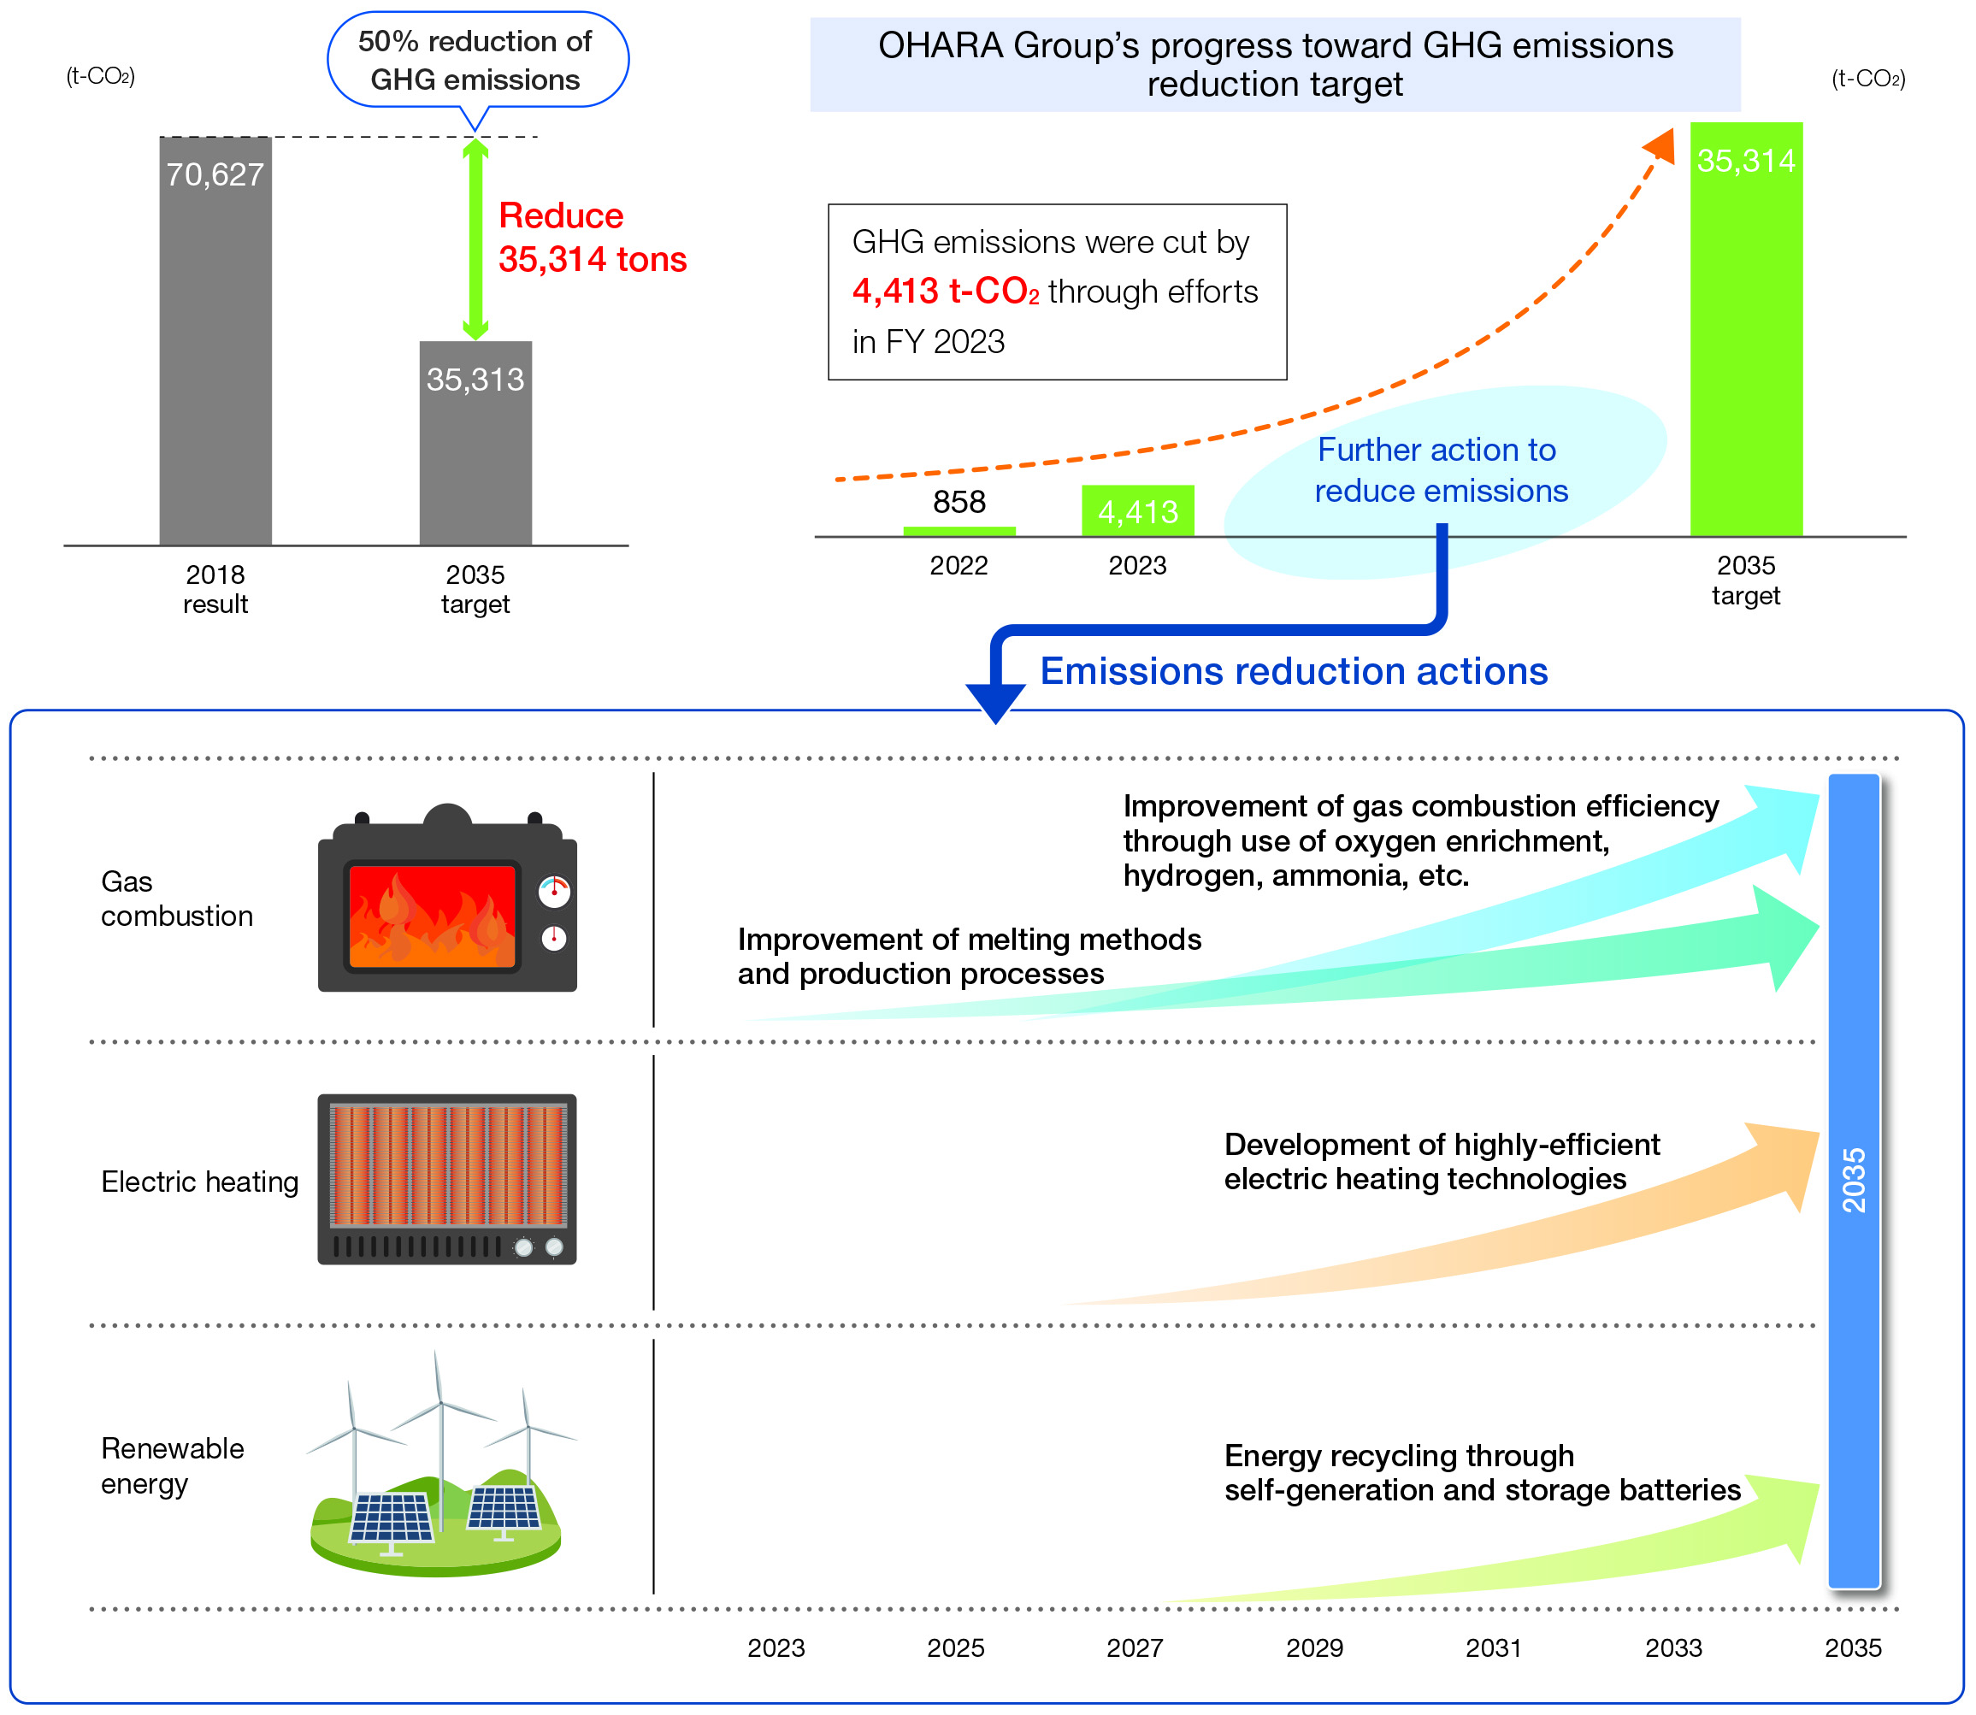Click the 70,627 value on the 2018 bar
[x=215, y=174]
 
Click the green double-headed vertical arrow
[x=475, y=239]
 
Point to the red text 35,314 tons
[x=593, y=259]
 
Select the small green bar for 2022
[x=959, y=530]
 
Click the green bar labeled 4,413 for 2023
[x=1138, y=511]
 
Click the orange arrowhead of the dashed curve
[x=1661, y=146]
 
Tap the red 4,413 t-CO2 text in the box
[x=946, y=292]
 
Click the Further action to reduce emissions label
[x=1440, y=470]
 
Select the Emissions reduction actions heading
[x=1294, y=671]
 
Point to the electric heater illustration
[x=447, y=1179]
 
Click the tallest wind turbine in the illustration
[x=441, y=1426]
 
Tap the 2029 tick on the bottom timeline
[x=1314, y=1647]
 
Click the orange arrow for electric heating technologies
[x=1531, y=1235]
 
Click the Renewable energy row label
[x=172, y=1465]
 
